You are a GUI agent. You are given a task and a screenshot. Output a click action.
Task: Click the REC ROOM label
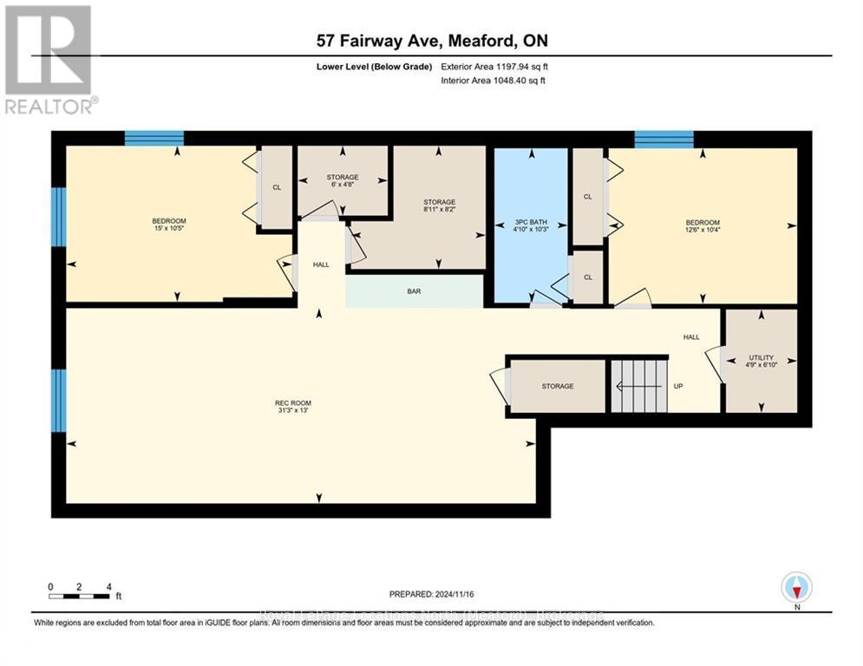[292, 403]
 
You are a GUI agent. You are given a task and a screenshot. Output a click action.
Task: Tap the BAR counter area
[414, 292]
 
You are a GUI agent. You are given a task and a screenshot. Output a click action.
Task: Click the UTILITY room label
[761, 358]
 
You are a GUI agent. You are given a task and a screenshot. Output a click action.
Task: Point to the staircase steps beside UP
[639, 386]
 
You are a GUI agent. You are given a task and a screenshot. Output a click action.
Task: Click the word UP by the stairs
[680, 386]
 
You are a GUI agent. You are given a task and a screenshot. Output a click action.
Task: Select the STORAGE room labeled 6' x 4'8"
[343, 181]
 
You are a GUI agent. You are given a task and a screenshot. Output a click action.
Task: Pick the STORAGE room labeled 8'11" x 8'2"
[439, 206]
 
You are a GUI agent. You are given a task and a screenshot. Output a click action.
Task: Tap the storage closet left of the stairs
[557, 386]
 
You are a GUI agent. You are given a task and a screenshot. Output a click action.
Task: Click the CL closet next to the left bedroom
[277, 187]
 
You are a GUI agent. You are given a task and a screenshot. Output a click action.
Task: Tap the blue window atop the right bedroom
[664, 139]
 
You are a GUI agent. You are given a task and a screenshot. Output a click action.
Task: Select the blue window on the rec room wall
[58, 400]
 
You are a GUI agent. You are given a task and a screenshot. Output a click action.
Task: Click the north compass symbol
[795, 587]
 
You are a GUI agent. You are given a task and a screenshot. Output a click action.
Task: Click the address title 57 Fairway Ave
[431, 41]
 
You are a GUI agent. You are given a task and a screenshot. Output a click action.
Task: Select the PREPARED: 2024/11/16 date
[431, 594]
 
